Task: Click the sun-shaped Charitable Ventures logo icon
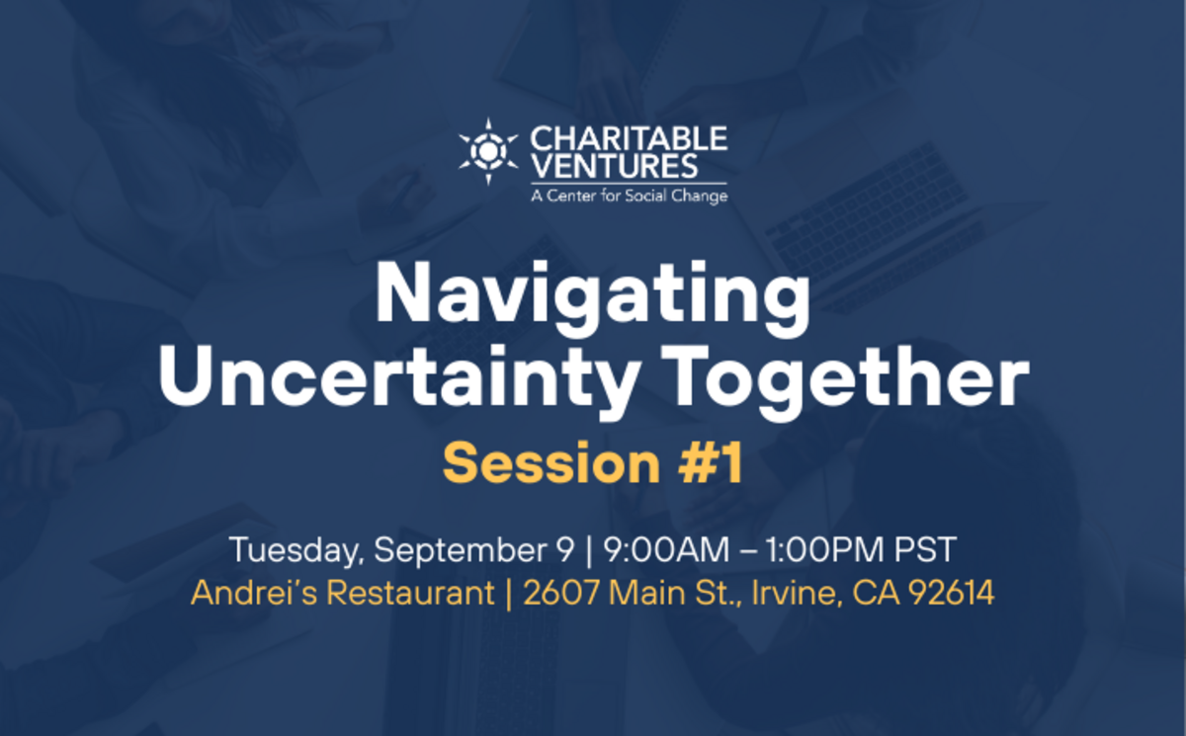pos(488,151)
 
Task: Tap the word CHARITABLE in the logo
pos(629,138)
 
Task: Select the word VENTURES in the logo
pos(614,165)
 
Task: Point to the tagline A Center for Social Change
pos(629,196)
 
